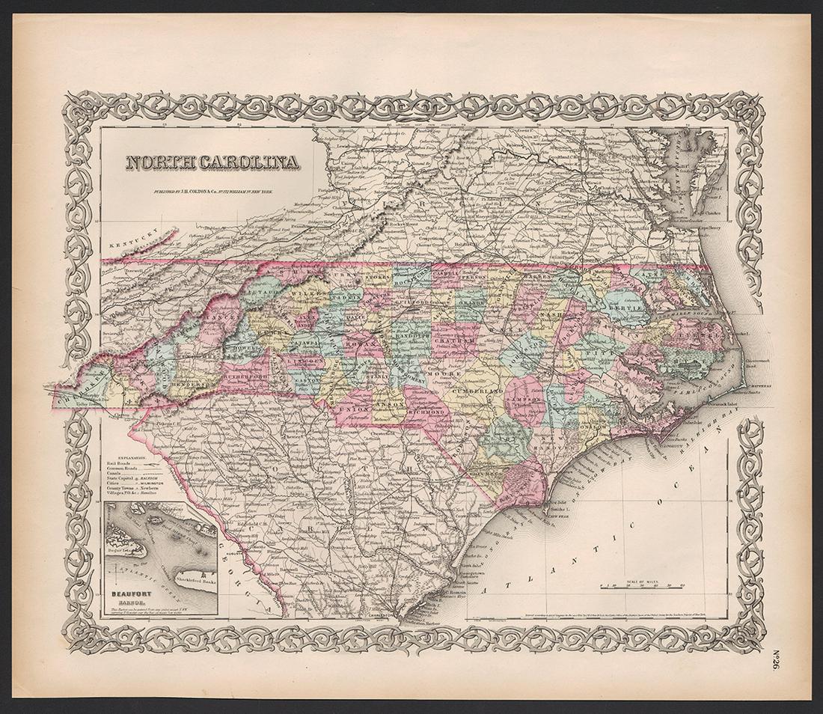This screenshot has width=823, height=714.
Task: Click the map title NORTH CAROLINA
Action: [210, 162]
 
